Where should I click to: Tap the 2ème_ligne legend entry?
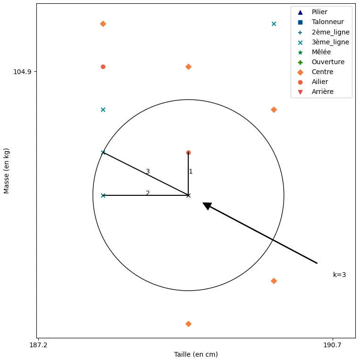pos(330,32)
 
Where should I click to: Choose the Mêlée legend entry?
pos(321,52)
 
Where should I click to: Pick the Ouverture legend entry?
pos(328,62)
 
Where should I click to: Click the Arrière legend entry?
pos(322,92)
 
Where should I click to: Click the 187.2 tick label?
pos(38,345)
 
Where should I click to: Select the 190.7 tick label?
pos(332,345)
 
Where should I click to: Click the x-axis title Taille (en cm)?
pos(196,354)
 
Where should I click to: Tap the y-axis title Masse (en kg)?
pos(7,170)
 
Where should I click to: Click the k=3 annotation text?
pos(339,275)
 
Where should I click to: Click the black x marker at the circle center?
pos(188,195)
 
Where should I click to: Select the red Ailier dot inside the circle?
pos(188,152)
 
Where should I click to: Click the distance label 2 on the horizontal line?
pos(148,193)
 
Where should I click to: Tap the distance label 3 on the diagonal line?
pos(148,171)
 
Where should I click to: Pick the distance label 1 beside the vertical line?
pos(191,171)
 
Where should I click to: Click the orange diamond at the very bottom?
pos(188,324)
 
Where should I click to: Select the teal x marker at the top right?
pos(274,24)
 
